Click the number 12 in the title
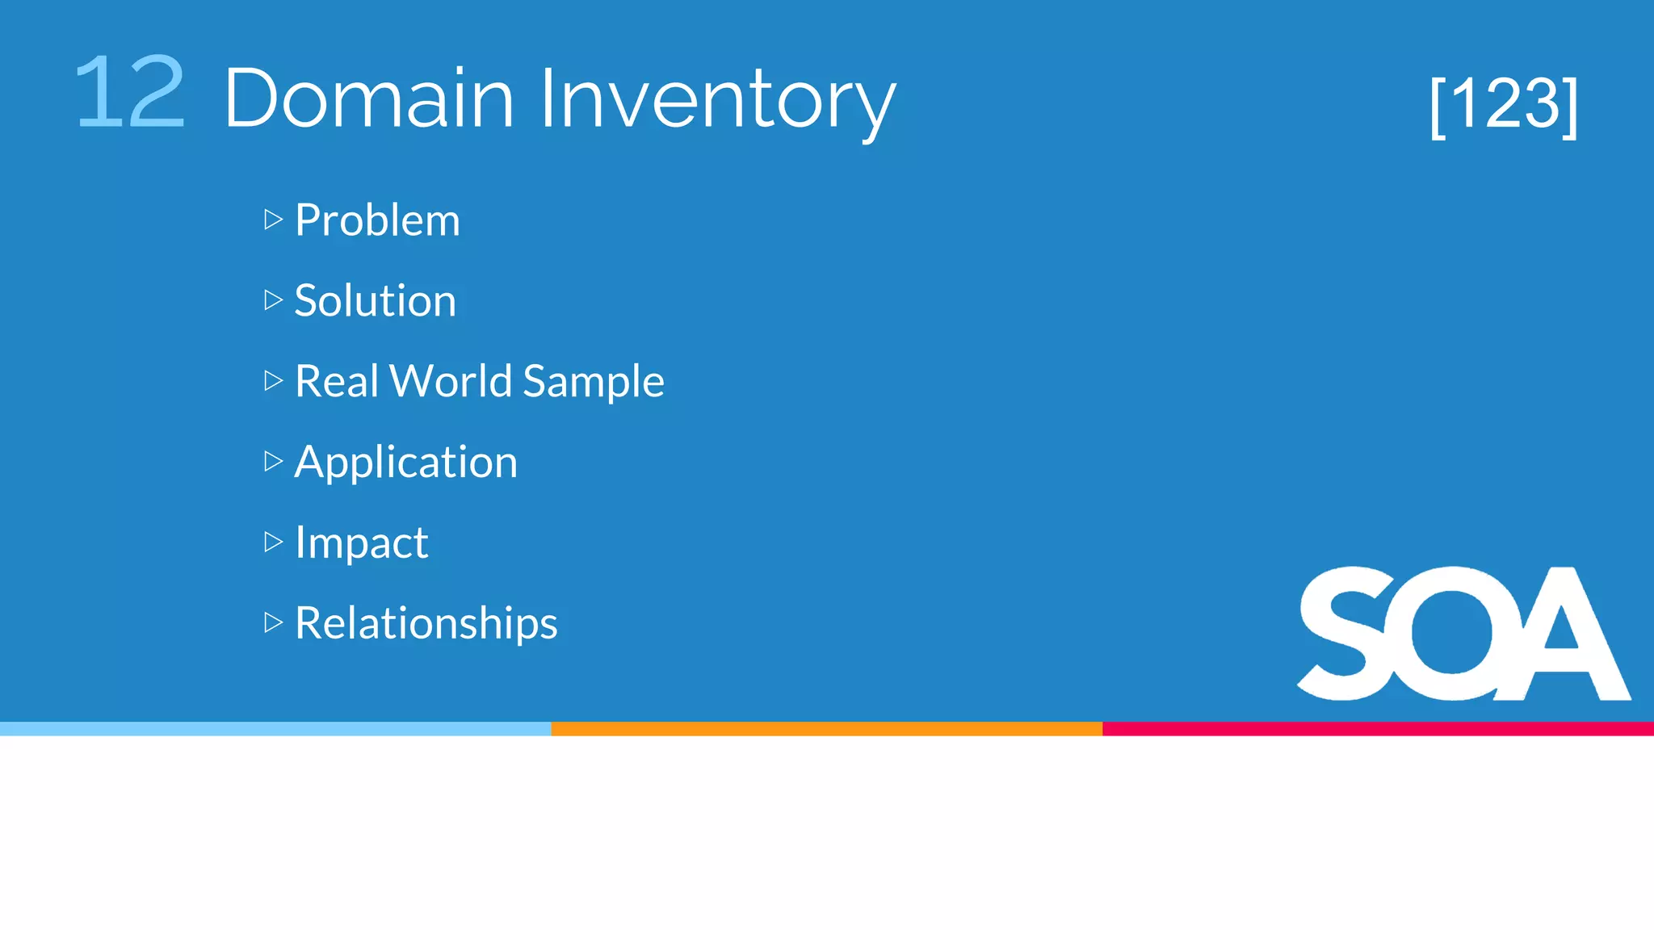click(129, 93)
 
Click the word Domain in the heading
click(369, 98)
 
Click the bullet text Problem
click(377, 220)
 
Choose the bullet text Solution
click(375, 300)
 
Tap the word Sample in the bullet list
click(593, 382)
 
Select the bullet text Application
click(405, 463)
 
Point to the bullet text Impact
click(361, 542)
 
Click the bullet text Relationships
click(426, 623)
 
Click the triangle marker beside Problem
click(273, 220)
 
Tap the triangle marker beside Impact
click(273, 542)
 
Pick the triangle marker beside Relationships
click(273, 622)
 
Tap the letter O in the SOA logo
click(1454, 634)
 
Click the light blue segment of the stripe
click(275, 729)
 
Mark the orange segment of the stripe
click(826, 729)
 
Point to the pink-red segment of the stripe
click(1378, 729)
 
